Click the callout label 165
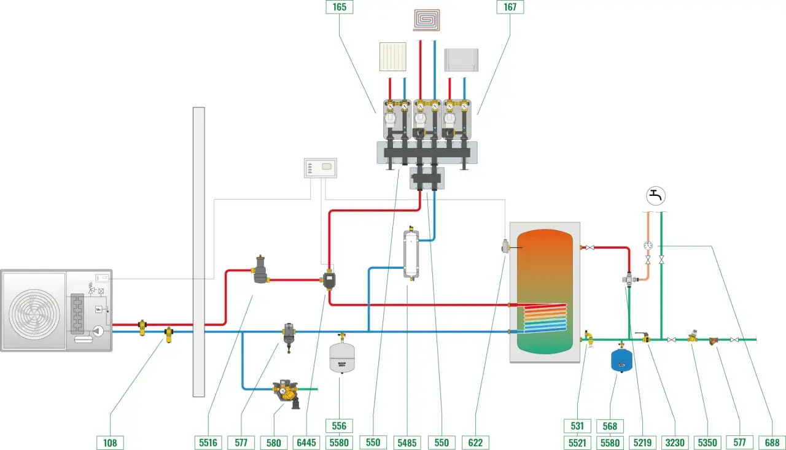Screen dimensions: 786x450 click(340, 7)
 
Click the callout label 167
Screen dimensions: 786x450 click(510, 7)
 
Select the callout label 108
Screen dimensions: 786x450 click(110, 443)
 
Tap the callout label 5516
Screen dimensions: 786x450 click(208, 443)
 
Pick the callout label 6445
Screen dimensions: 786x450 click(306, 443)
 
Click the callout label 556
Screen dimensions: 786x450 click(340, 426)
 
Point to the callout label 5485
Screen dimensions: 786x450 click(407, 443)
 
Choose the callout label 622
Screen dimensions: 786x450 click(475, 443)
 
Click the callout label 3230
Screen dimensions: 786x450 click(675, 443)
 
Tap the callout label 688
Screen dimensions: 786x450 click(772, 443)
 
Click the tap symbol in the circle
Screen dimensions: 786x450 click(656, 196)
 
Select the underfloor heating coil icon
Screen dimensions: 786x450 click(426, 20)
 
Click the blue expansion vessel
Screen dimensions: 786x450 click(622, 360)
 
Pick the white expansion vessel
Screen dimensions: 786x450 click(342, 357)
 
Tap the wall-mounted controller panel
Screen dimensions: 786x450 click(321, 168)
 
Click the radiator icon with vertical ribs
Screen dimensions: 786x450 click(393, 57)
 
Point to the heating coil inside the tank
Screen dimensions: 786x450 click(545, 318)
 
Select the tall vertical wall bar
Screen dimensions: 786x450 click(198, 252)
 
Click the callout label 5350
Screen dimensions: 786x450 click(707, 443)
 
